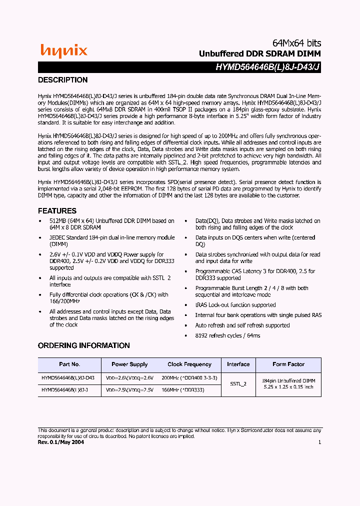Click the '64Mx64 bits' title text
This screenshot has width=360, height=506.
pos(296,43)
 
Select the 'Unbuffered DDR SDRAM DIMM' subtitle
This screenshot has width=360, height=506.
pos(259,53)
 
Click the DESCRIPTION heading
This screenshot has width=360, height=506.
pos(63,80)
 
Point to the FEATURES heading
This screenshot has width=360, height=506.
pos(57,211)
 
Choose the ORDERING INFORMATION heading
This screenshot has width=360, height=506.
pos(84,345)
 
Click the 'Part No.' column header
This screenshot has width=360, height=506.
pos(69,364)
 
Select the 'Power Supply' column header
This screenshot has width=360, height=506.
pos(129,364)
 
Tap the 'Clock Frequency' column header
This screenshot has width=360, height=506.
pos(189,364)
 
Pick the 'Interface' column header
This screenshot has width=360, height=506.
pos(238,364)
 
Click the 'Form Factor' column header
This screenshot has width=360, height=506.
pos(288,364)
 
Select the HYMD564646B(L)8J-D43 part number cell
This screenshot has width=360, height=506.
pos(68,378)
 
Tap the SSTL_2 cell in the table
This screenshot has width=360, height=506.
pos(238,384)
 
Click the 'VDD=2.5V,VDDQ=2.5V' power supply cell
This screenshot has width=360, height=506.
pos(129,389)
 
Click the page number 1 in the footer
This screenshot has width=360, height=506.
pos(319,442)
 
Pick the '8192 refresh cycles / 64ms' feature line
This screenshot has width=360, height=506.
pos(227,335)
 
